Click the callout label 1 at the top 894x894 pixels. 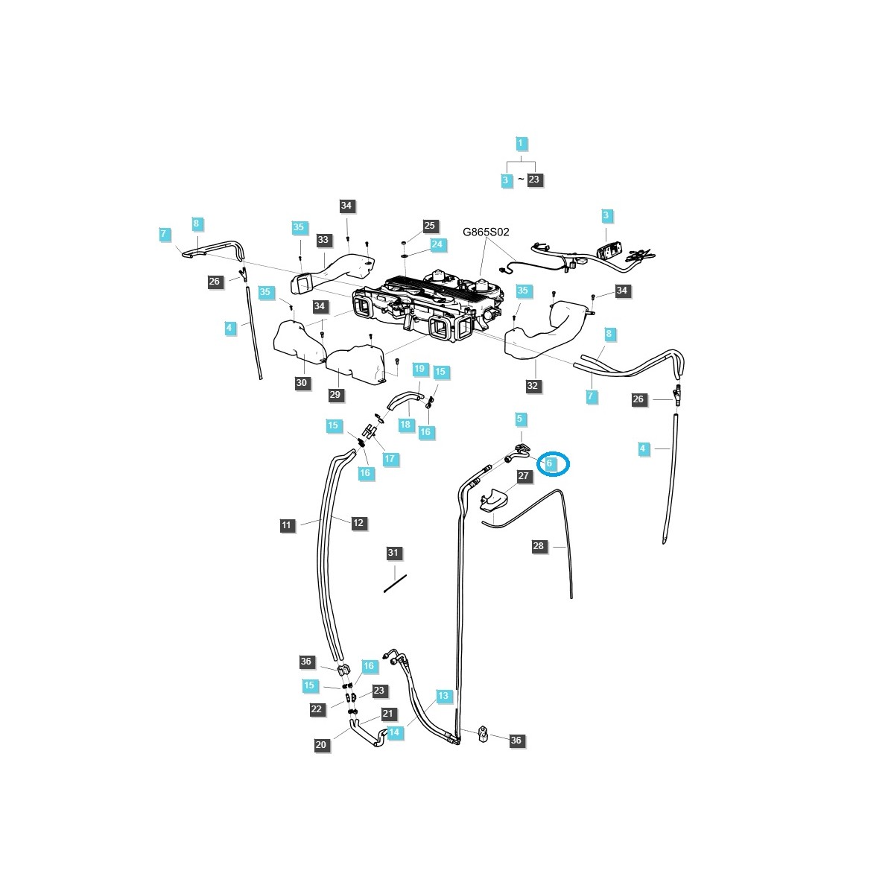[521, 143]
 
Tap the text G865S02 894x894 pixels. [486, 232]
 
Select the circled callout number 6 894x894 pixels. [550, 463]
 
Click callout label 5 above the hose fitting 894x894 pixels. [520, 419]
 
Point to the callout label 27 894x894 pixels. [523, 476]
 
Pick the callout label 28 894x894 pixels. [539, 546]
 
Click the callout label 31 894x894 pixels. [393, 553]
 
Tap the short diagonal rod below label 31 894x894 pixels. [395, 583]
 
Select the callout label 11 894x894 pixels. [287, 526]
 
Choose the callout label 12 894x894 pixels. [358, 523]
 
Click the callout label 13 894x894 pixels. [443, 696]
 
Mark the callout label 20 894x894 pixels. [321, 745]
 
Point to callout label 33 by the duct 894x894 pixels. [323, 240]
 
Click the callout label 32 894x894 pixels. [532, 386]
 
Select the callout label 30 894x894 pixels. [301, 383]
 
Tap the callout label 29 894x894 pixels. [335, 395]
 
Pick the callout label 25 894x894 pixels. [429, 225]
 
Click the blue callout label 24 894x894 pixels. [437, 244]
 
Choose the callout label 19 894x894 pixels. [419, 369]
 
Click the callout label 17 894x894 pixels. [389, 459]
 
